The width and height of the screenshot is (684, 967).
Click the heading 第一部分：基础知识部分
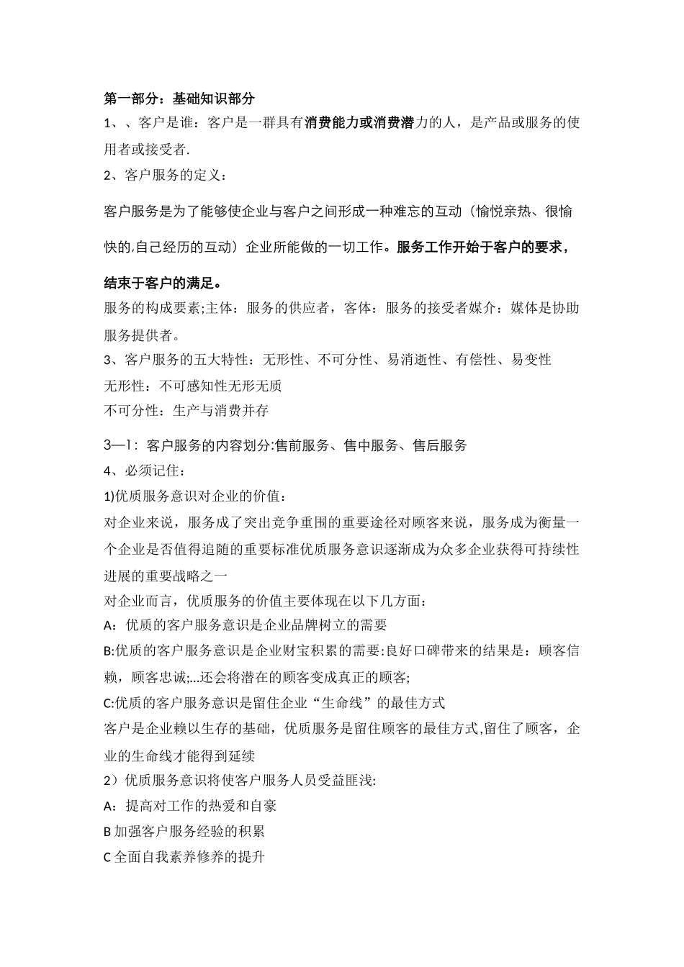pyautogui.click(x=179, y=99)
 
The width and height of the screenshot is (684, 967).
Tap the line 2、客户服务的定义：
pyautogui.click(x=165, y=176)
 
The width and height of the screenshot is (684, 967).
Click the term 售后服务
pyautogui.click(x=440, y=445)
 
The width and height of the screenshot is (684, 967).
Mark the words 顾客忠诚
pyautogui.click(x=159, y=677)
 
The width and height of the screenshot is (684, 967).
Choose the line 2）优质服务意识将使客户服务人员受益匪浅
pyautogui.click(x=240, y=781)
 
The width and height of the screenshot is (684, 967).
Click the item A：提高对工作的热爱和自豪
pyautogui.click(x=190, y=806)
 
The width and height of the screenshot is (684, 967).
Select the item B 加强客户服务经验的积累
pyautogui.click(x=184, y=832)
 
